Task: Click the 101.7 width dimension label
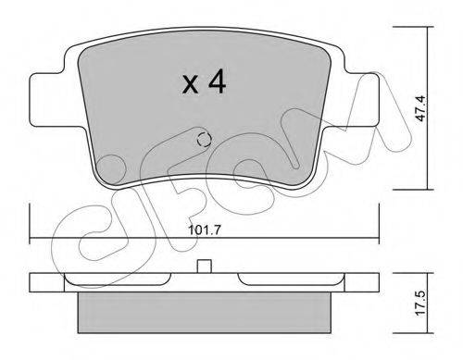(204, 230)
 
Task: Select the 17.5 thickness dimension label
(421, 304)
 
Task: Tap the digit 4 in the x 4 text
(217, 81)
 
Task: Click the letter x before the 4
(190, 85)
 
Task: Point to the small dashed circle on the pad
(204, 140)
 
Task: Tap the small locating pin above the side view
(204, 267)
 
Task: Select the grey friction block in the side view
(204, 312)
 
